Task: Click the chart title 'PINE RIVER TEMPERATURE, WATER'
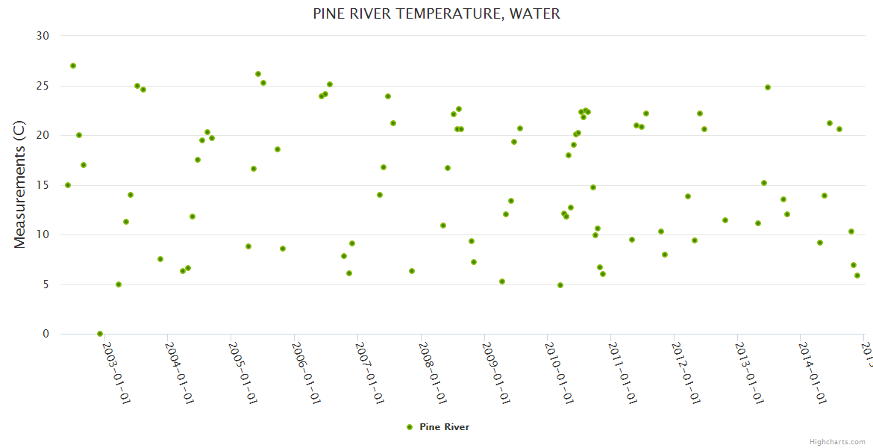[x=436, y=13]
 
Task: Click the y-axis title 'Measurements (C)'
[x=20, y=185]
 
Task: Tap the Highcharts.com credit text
[x=837, y=441]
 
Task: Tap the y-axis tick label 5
[x=46, y=284]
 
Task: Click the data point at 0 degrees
[x=100, y=334]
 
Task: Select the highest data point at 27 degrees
[x=73, y=66]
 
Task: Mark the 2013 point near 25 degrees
[x=768, y=87]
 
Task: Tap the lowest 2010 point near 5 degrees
[x=560, y=285]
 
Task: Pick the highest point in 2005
[x=258, y=74]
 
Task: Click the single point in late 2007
[x=412, y=271]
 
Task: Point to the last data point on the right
[x=857, y=276]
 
